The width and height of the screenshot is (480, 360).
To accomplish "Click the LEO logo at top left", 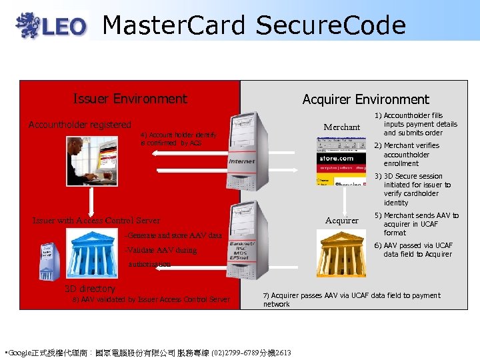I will [x=52, y=25].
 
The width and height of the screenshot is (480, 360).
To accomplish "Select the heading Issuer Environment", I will [x=130, y=99].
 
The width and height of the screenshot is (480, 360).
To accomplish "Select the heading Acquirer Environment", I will [x=365, y=99].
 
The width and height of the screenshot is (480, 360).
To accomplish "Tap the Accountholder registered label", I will [x=80, y=125].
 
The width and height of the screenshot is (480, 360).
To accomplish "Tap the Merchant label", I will [x=341, y=127].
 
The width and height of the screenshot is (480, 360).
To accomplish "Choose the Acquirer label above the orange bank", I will [x=341, y=220].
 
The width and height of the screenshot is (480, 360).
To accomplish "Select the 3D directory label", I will [x=89, y=289].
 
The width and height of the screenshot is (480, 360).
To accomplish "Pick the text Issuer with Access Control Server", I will [x=96, y=221].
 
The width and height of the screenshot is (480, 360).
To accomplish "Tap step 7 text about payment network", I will [x=351, y=299].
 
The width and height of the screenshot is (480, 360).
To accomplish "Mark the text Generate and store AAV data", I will [x=173, y=235].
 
